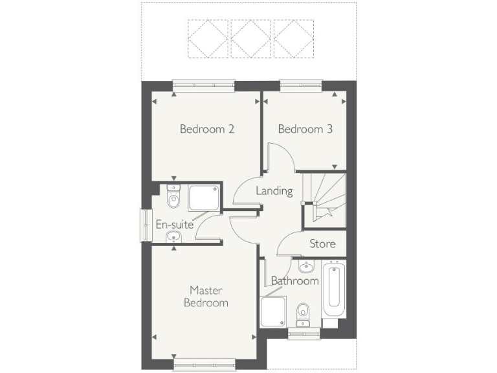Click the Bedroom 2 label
[206, 129]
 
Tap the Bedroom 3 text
[305, 129]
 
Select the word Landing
[274, 191]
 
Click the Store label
[322, 243]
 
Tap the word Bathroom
[294, 281]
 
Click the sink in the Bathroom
[306, 266]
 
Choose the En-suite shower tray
[203, 198]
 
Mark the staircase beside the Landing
[325, 198]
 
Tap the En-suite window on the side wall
[144, 225]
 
